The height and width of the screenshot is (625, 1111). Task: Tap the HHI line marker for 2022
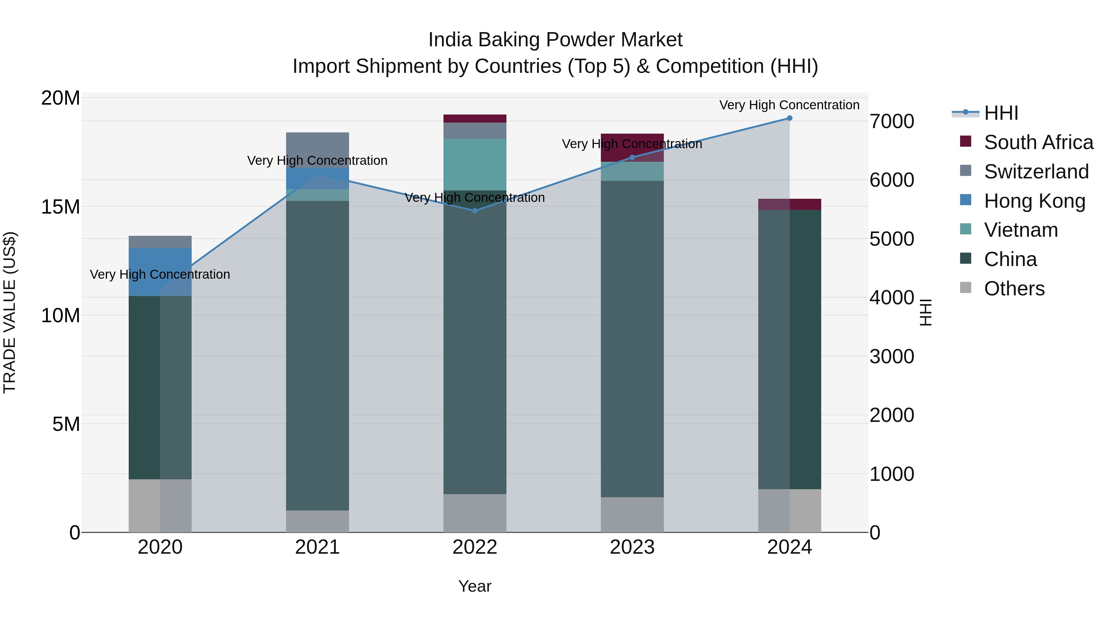tap(475, 210)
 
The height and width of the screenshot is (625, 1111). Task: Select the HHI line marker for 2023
tap(632, 157)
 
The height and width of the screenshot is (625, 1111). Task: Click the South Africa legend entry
tap(1038, 142)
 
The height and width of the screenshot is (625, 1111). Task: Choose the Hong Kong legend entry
tap(1034, 201)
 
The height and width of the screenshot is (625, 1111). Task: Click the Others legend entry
tap(1014, 288)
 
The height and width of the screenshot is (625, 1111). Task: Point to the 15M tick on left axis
tap(60, 206)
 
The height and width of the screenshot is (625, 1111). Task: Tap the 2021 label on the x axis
tap(318, 547)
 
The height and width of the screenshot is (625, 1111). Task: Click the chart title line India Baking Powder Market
tap(555, 40)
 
